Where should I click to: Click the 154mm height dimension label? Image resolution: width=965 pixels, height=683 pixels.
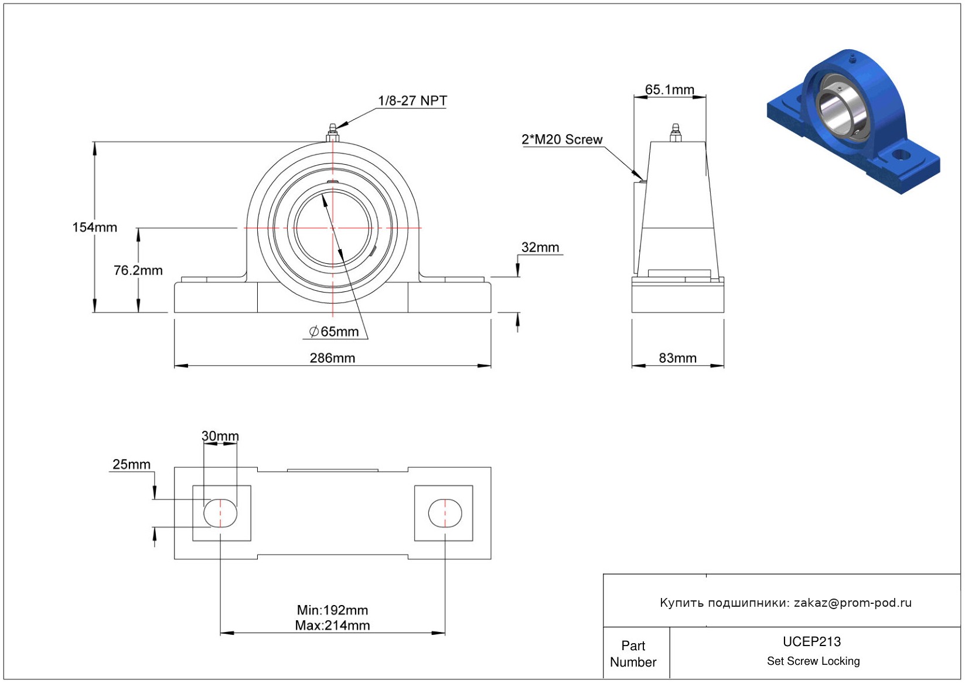(x=94, y=227)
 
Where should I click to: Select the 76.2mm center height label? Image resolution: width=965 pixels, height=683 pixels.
(x=138, y=270)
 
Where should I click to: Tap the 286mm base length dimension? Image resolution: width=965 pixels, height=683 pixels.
(x=332, y=358)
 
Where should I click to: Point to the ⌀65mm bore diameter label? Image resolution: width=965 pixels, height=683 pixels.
(x=334, y=332)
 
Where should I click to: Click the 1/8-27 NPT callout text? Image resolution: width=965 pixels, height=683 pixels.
(x=412, y=101)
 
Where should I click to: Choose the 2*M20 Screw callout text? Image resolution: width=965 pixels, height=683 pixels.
(x=562, y=140)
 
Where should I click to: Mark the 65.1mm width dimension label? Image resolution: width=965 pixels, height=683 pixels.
(x=669, y=90)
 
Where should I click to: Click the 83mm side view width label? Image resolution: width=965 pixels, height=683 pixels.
(x=677, y=358)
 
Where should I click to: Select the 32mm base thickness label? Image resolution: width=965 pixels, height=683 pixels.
(x=540, y=247)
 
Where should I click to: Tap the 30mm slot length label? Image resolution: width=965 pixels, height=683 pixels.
(x=220, y=436)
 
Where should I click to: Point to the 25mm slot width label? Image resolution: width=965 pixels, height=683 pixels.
(x=131, y=464)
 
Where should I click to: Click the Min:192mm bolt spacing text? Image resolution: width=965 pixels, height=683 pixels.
(x=332, y=610)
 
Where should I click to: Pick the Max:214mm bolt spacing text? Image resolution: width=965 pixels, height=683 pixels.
(x=332, y=626)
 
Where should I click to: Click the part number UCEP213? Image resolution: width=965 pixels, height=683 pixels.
(x=811, y=641)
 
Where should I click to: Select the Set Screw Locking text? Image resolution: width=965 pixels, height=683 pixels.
(x=813, y=661)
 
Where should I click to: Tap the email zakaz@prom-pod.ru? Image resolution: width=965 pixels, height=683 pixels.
(x=853, y=603)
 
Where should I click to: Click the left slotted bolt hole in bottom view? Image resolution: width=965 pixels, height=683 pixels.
(x=220, y=513)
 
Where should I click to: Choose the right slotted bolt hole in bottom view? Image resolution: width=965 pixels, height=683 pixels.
(x=445, y=513)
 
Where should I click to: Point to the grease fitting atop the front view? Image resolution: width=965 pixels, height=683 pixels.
(x=332, y=132)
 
